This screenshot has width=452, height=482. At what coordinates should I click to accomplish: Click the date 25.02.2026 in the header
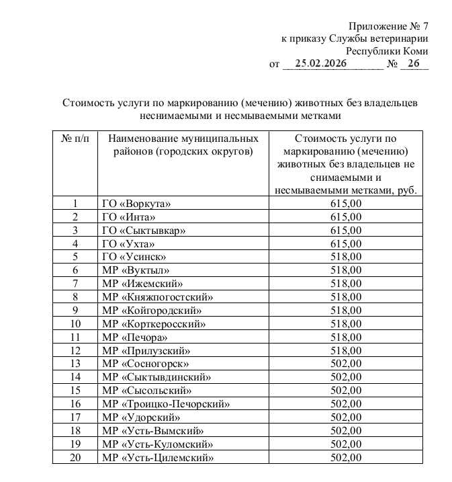click(x=319, y=65)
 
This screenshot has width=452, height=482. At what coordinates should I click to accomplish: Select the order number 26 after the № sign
click(x=412, y=65)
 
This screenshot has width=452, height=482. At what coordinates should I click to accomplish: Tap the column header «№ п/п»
click(x=75, y=138)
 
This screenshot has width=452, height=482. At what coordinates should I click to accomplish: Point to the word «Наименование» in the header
click(x=140, y=138)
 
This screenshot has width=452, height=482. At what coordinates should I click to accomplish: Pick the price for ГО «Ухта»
click(x=346, y=243)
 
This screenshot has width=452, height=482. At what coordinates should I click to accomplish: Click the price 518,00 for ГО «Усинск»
click(x=346, y=256)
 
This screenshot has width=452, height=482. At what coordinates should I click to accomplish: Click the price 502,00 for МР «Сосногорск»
click(x=346, y=364)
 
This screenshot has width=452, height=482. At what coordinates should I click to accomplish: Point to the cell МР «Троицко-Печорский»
click(x=166, y=404)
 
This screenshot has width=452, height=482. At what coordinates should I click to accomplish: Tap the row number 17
click(x=75, y=417)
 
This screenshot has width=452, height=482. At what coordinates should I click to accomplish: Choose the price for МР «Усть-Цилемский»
click(x=346, y=458)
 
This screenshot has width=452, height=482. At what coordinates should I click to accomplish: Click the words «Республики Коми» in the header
click(x=387, y=51)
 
